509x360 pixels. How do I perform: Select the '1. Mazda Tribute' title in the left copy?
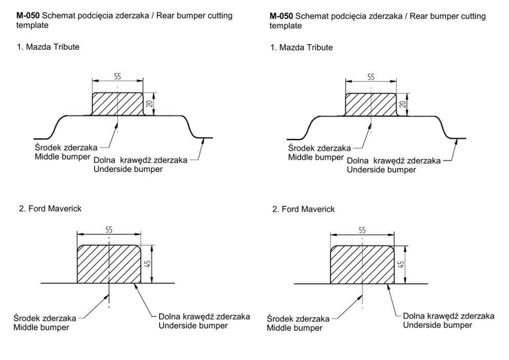[46, 47]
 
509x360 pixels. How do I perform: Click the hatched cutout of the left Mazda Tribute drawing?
[117, 104]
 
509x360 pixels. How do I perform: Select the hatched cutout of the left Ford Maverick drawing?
[108, 264]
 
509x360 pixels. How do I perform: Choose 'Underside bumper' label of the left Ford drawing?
[187, 325]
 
